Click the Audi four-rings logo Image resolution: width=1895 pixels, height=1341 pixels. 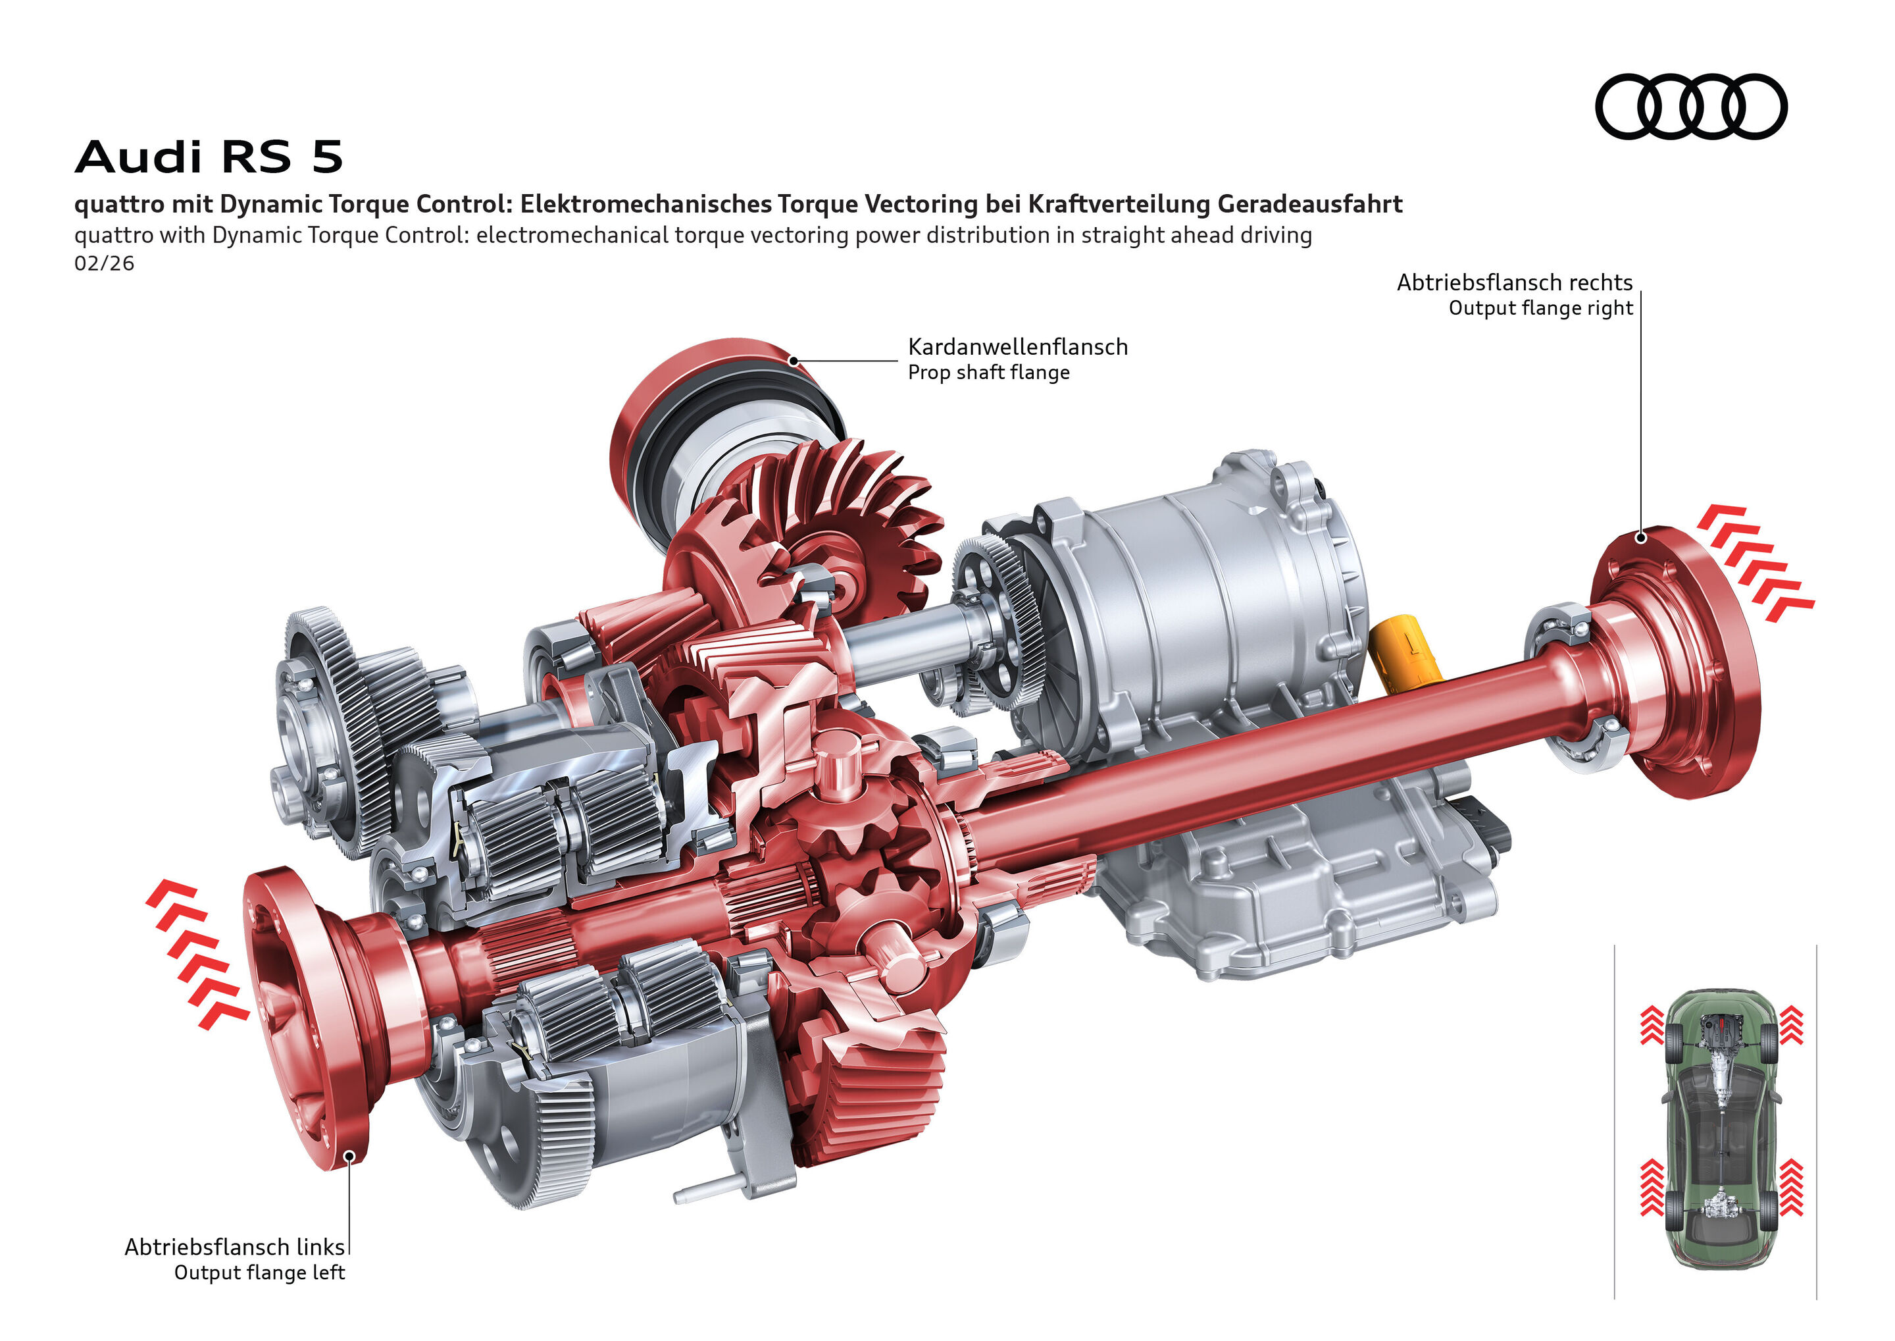pos(1690,107)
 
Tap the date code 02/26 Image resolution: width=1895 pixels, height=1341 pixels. pos(104,263)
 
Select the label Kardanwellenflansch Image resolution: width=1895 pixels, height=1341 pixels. pos(1018,347)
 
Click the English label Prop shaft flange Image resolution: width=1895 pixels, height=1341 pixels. pos(989,373)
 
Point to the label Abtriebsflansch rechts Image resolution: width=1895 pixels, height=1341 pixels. pos(1513,282)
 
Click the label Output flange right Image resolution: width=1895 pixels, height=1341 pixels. pos(1540,308)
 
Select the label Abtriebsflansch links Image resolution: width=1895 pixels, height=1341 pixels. pos(234,1246)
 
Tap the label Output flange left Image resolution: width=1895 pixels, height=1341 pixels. pos(259,1273)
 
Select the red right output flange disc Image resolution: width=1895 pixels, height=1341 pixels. pos(1675,660)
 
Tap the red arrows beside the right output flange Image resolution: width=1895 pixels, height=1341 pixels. pos(1755,562)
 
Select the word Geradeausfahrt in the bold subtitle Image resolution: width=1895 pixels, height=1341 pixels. pos(1310,204)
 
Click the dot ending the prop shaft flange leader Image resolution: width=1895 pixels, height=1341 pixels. pos(793,361)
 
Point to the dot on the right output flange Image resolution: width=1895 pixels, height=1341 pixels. pos(1642,539)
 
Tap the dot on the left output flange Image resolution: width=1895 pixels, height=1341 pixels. pos(349,1156)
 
